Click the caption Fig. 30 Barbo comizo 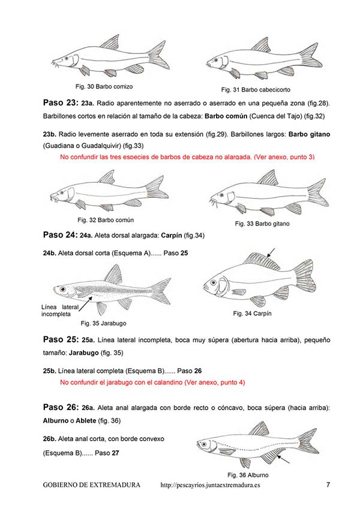click(104, 86)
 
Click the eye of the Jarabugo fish click(62, 290)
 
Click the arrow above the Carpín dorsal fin click(271, 251)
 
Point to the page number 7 click(328, 484)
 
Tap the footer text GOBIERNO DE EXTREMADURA click(92, 485)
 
